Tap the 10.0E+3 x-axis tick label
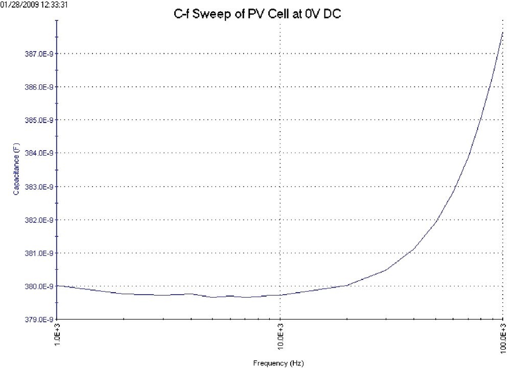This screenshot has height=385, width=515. pos(280,338)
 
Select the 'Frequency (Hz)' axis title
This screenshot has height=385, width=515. pos(279,364)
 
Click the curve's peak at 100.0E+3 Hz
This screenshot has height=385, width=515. pos(503,32)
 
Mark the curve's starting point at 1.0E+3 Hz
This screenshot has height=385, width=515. pos(57,285)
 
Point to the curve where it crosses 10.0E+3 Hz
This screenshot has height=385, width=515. pos(280,295)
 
